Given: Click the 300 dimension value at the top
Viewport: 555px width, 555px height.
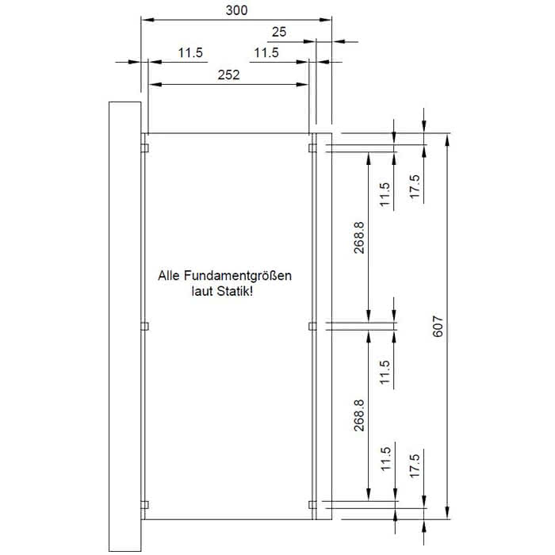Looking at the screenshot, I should (x=236, y=10).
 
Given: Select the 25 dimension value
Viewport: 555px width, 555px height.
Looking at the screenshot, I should (x=279, y=33).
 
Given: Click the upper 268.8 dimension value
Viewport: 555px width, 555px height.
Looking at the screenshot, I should (x=358, y=238).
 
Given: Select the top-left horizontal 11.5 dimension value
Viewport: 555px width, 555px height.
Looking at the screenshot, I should (x=190, y=53).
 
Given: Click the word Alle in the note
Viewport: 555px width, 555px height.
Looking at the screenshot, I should (x=170, y=277).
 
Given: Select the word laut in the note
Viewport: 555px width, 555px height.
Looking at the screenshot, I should (x=202, y=292).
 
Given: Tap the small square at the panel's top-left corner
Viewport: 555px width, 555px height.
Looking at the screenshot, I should (x=145, y=147).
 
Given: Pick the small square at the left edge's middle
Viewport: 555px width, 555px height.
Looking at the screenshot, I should (x=145, y=326).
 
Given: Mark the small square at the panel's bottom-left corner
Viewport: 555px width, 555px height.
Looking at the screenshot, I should (x=145, y=503).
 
